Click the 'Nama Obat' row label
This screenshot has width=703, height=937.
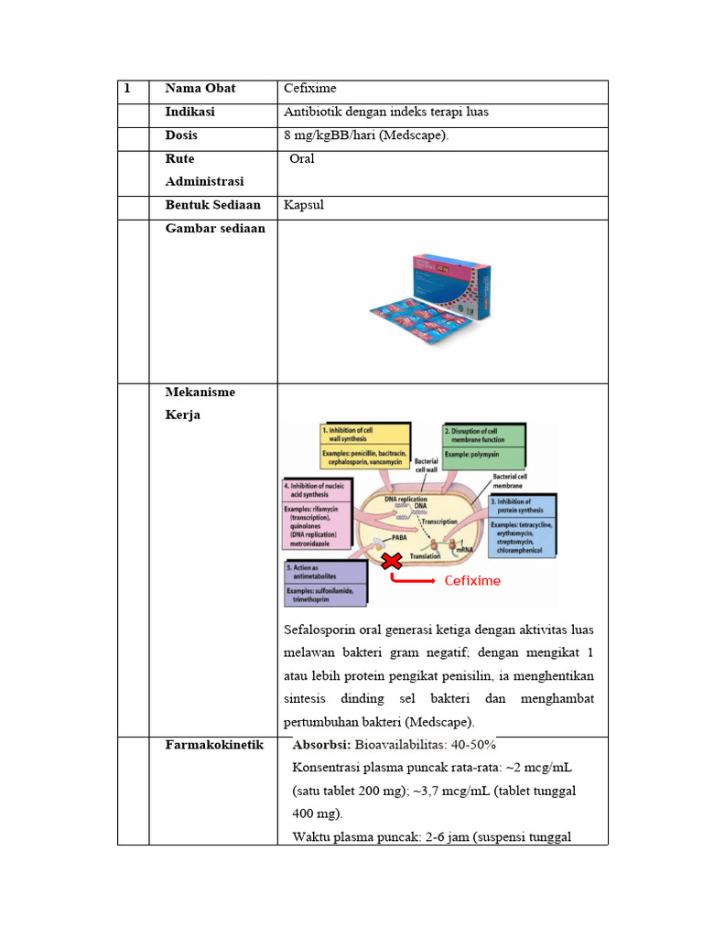pyautogui.click(x=200, y=89)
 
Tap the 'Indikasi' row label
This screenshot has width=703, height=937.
pyautogui.click(x=190, y=112)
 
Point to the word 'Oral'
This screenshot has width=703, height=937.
pyautogui.click(x=302, y=159)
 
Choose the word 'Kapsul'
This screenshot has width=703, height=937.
pyautogui.click(x=304, y=206)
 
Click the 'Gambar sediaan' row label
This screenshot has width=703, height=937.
pyautogui.click(x=214, y=229)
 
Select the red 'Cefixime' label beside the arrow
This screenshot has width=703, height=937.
pyautogui.click(x=472, y=581)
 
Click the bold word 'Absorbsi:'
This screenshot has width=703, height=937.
pyautogui.click(x=321, y=744)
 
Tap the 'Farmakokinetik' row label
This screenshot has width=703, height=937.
pyautogui.click(x=207, y=745)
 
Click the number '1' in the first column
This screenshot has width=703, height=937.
pyautogui.click(x=128, y=89)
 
